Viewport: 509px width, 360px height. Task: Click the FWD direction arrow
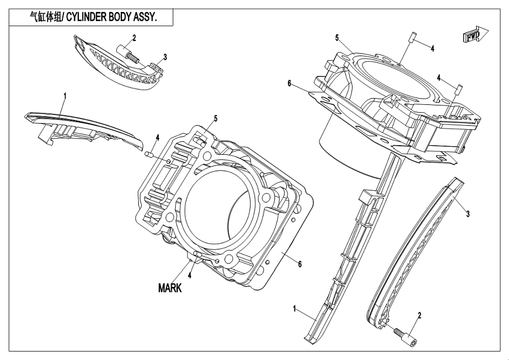pyautogui.click(x=473, y=36)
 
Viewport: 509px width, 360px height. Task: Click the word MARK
pyautogui.click(x=169, y=288)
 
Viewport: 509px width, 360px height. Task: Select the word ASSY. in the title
pyautogui.click(x=144, y=18)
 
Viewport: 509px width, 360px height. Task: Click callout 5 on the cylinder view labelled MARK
pyautogui.click(x=215, y=118)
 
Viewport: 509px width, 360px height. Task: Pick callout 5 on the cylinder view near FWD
pyautogui.click(x=337, y=38)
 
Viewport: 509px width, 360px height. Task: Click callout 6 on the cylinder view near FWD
pyautogui.click(x=289, y=83)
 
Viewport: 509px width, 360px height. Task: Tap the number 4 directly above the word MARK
pyautogui.click(x=189, y=276)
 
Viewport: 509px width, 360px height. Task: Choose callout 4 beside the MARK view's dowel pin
pyautogui.click(x=158, y=137)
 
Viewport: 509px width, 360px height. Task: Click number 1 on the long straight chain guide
pyautogui.click(x=295, y=309)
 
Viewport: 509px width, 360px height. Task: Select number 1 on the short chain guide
pyautogui.click(x=65, y=96)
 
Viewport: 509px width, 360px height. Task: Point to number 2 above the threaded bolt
pyautogui.click(x=134, y=38)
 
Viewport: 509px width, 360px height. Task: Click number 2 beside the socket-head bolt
pyautogui.click(x=419, y=315)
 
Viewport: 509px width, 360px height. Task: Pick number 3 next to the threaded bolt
pyautogui.click(x=165, y=57)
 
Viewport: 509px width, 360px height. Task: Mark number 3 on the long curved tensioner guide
pyautogui.click(x=468, y=214)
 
